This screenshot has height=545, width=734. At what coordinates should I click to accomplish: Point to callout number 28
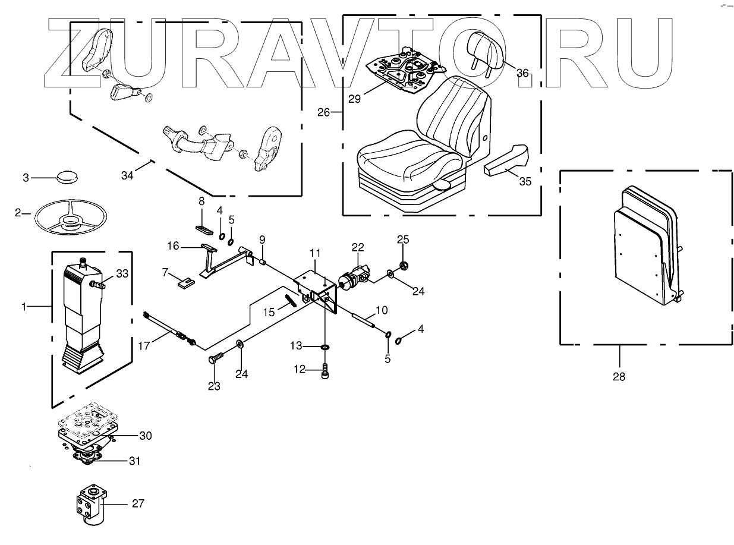[619, 376]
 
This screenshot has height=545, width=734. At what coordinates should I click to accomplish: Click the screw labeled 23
[216, 358]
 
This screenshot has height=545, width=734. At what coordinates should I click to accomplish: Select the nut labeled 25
[403, 264]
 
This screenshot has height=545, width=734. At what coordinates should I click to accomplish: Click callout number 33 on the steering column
[122, 274]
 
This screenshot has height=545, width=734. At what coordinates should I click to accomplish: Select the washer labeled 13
[325, 346]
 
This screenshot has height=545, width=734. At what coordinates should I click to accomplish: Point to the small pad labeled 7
[185, 282]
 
